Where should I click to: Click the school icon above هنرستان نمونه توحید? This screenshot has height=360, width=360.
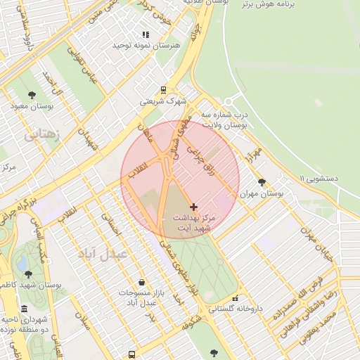point(146,34)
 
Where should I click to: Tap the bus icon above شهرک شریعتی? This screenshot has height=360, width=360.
point(163,90)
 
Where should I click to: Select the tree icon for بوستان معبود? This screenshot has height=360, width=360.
point(32,95)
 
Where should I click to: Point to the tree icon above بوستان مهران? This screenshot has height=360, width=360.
point(262,181)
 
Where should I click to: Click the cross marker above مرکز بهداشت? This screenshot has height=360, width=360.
point(194,207)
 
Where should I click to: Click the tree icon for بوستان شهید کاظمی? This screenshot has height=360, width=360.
point(27,274)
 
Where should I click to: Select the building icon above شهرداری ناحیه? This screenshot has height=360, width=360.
point(25,309)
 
